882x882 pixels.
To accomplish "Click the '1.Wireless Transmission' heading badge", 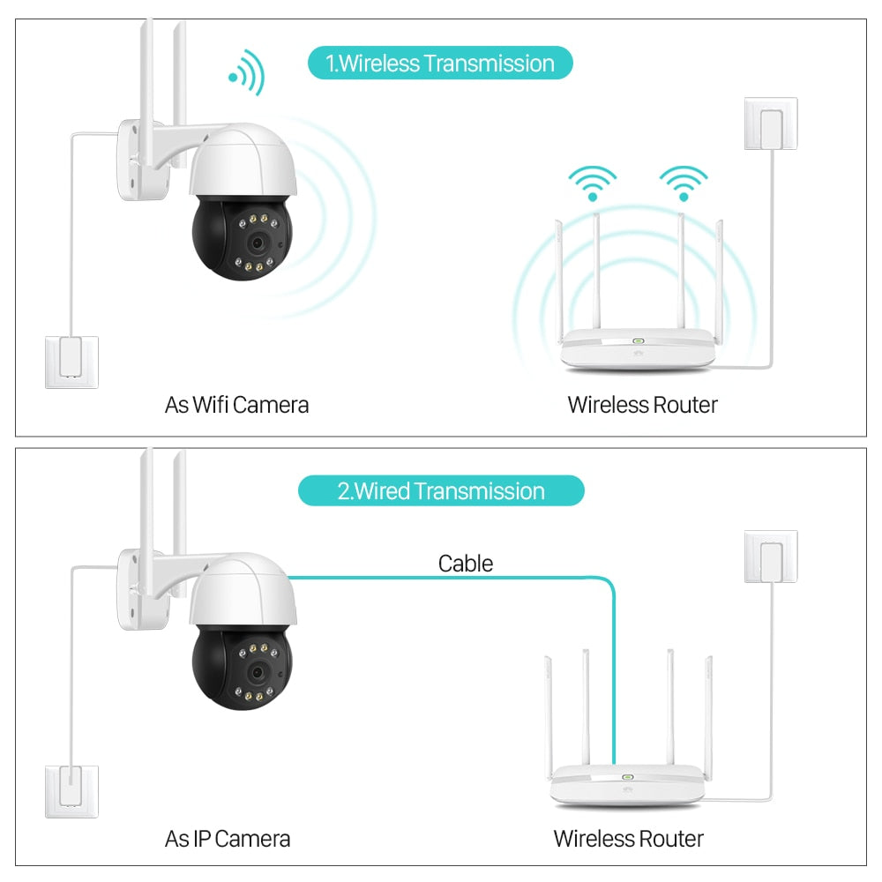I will pos(440,64).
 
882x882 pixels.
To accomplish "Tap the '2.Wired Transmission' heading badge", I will pos(440,490).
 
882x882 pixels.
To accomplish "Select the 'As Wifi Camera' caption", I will pos(236,405).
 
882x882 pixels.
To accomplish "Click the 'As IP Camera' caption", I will pos(227,838).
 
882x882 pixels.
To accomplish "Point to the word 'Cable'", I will pos(465,563).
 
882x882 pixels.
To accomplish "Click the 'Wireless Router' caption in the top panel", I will pos(642,405).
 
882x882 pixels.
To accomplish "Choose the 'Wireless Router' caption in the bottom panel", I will pos(628,838).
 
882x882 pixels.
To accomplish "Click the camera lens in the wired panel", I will pos(255,672).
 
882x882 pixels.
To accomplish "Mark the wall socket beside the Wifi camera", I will pos(71,362).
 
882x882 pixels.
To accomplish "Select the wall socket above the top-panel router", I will pos(771,123).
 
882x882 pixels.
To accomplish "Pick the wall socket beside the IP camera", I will pos(71,792).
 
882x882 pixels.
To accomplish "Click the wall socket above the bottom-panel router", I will pos(771,557).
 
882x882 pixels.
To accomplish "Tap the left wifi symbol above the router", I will pos(592,183).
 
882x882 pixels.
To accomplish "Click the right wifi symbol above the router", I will pos(684,183).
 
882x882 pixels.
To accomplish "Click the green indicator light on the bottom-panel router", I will pos(628,778).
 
